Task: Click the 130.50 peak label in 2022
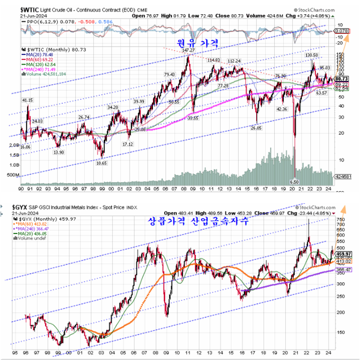[312, 55]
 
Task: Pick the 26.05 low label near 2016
[256, 128]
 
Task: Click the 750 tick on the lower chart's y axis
[341, 219]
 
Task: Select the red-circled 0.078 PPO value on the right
[343, 31]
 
